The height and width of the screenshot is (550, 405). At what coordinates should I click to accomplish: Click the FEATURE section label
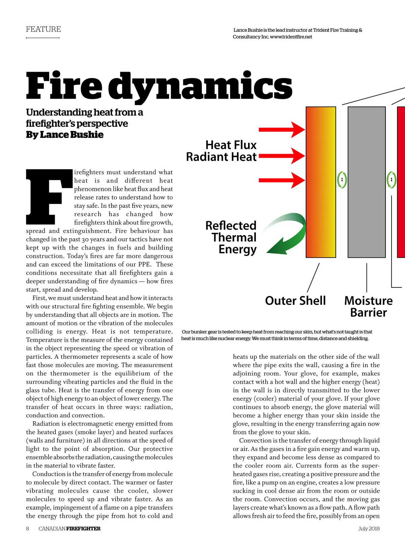click(43, 29)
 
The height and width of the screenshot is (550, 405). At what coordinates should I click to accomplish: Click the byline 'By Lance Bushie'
click(65, 135)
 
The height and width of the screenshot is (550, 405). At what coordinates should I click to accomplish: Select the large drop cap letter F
click(45, 197)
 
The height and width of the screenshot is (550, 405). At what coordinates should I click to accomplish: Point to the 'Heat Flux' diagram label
click(231, 145)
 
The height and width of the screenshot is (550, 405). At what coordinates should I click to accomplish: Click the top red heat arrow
click(281, 129)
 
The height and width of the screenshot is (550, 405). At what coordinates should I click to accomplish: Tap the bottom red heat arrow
click(281, 180)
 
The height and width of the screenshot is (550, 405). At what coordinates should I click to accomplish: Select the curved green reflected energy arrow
click(287, 233)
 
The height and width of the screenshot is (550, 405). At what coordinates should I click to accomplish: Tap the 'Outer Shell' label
click(295, 301)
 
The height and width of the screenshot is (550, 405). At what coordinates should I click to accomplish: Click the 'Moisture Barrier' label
click(368, 306)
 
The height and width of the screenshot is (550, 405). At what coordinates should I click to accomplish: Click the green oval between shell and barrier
click(342, 180)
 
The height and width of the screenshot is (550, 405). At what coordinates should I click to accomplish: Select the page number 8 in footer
click(28, 528)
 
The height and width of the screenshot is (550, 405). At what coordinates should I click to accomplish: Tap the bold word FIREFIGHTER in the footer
click(83, 528)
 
